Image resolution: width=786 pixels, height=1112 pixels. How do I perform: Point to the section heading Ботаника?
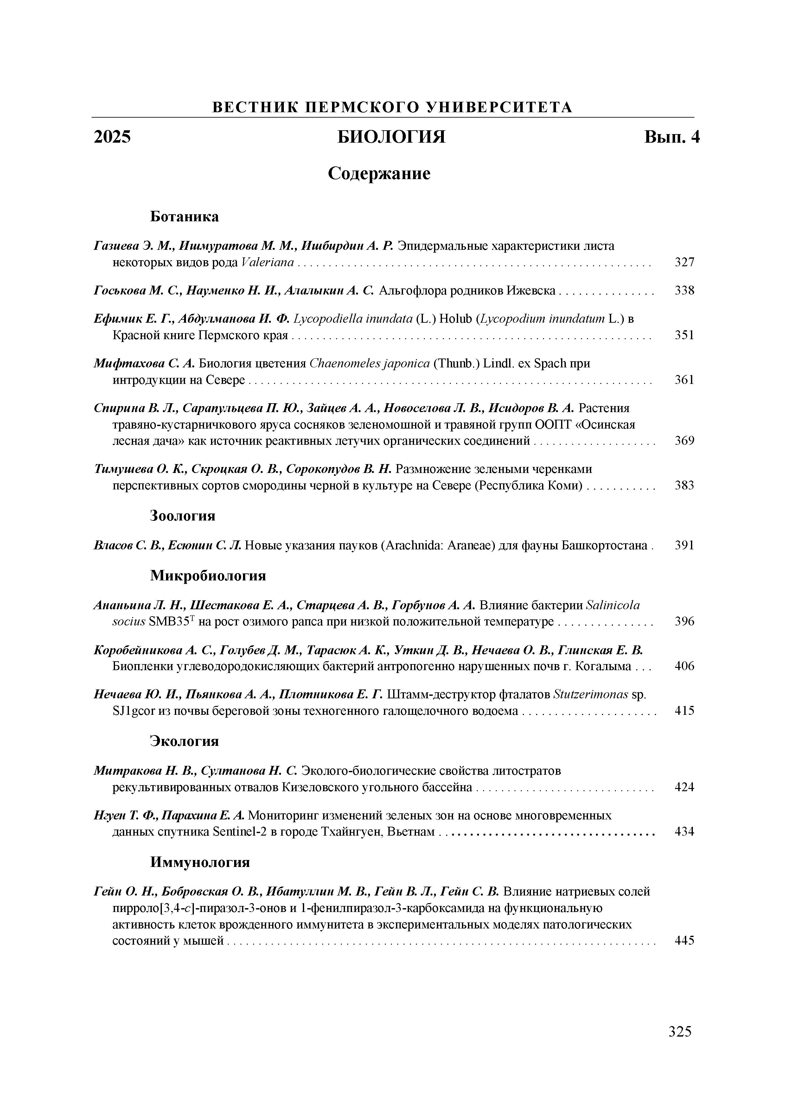[184, 217]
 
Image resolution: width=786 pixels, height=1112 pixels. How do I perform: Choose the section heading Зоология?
[182, 516]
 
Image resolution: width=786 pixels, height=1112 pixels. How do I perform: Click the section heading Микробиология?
[208, 575]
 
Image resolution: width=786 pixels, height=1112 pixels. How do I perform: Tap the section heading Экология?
[184, 741]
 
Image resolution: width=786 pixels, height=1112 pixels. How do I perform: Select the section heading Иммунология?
[200, 862]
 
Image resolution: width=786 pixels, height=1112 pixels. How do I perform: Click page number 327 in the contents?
[684, 262]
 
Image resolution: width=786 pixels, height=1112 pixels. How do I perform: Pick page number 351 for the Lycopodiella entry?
[684, 335]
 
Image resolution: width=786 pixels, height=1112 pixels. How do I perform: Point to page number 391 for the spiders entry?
[684, 545]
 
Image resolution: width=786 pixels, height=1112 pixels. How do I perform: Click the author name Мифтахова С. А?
[144, 363]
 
